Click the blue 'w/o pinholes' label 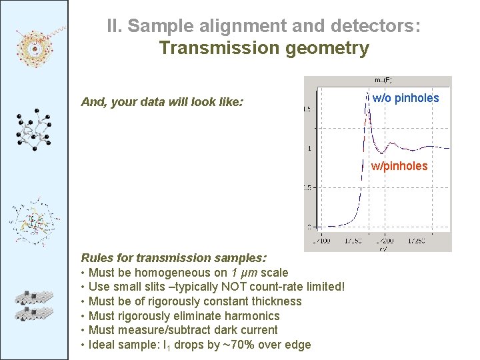tap(405, 98)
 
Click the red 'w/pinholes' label tap(399, 165)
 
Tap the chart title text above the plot tap(383, 80)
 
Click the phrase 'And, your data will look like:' tap(163, 102)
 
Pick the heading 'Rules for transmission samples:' tap(173, 257)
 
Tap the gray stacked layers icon tap(34, 303)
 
